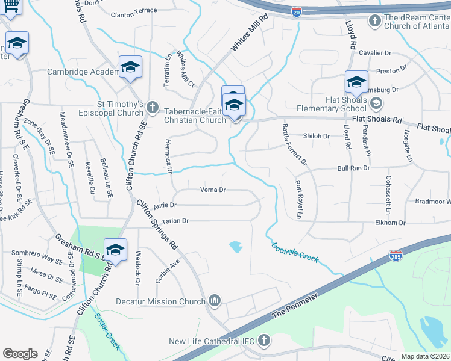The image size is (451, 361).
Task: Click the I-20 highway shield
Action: (x=295, y=11)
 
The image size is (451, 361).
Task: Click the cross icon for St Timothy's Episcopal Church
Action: (x=151, y=109)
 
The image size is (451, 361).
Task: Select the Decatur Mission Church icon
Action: (x=215, y=301)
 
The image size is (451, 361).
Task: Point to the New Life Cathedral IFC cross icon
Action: (x=263, y=341)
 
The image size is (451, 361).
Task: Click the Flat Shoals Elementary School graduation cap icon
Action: (x=376, y=103)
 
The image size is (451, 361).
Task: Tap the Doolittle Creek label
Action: (x=294, y=251)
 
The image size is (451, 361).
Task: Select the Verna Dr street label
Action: (x=213, y=190)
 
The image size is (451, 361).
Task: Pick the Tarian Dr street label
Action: (x=175, y=221)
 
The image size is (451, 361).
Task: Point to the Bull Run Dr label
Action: (x=353, y=168)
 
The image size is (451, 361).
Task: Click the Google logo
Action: (x=20, y=354)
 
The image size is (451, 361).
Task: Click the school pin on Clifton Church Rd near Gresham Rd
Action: (x=115, y=248)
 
